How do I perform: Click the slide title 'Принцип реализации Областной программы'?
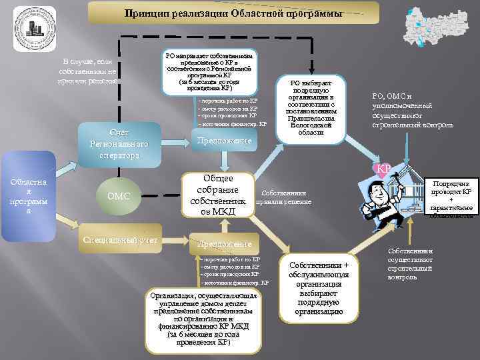(x=233, y=13)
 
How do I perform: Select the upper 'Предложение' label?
(x=223, y=141)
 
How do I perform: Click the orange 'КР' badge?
(x=384, y=168)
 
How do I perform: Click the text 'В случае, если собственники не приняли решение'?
(x=88, y=71)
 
